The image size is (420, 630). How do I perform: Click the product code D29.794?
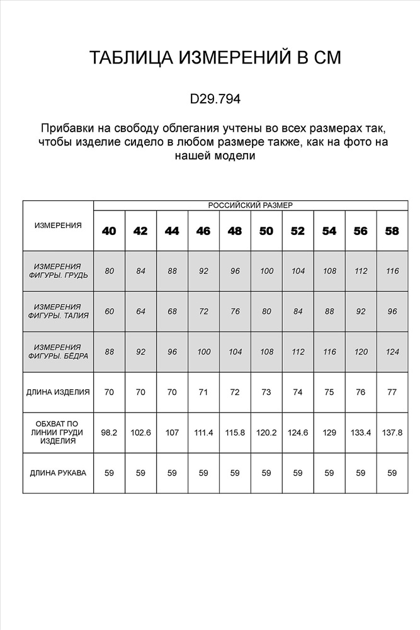click(x=215, y=99)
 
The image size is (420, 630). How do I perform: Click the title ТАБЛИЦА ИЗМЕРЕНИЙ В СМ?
click(x=215, y=58)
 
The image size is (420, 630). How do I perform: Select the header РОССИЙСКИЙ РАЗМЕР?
click(x=250, y=205)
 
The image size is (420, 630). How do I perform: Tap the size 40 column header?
click(x=109, y=231)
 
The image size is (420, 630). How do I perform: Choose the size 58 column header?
click(x=392, y=231)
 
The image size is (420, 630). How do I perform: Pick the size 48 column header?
click(x=235, y=231)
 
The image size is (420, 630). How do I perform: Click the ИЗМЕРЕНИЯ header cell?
click(x=58, y=225)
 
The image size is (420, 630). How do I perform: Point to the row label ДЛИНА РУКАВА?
click(x=58, y=472)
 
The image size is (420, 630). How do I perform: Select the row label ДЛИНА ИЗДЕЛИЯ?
click(x=58, y=392)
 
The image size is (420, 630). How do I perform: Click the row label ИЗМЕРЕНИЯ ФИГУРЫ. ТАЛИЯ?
click(x=58, y=311)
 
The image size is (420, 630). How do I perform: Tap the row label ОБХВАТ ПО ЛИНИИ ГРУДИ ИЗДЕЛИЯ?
click(x=58, y=432)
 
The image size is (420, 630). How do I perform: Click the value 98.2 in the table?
click(x=109, y=433)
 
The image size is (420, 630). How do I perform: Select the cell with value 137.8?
click(x=392, y=433)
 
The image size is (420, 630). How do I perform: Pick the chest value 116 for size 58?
click(x=392, y=271)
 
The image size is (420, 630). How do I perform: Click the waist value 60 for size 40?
click(x=109, y=311)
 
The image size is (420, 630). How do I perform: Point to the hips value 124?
click(x=392, y=352)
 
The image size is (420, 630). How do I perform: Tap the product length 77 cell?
click(x=392, y=392)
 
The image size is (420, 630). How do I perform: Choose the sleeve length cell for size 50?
click(x=266, y=472)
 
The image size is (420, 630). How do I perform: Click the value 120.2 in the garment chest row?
click(x=266, y=433)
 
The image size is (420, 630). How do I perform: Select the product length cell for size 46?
click(x=203, y=392)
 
